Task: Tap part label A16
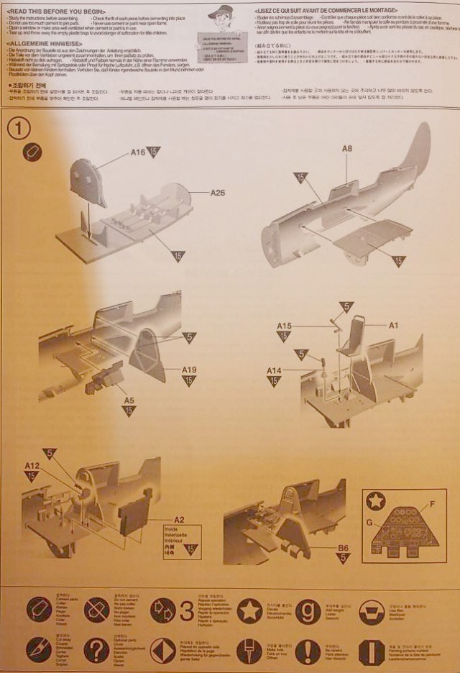(138, 152)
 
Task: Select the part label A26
(218, 193)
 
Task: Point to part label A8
(347, 149)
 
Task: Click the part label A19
(188, 370)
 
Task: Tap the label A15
(284, 326)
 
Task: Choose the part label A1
(394, 325)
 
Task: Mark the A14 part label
(274, 370)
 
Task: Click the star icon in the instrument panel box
(376, 500)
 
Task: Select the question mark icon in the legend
(96, 650)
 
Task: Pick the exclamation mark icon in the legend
(308, 651)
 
